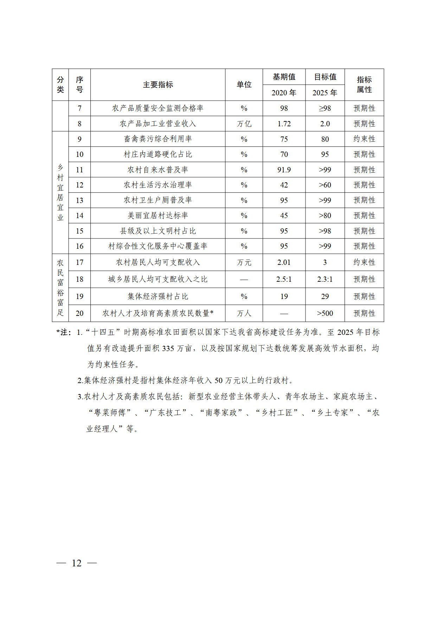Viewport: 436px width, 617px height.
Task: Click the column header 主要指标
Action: [158, 85]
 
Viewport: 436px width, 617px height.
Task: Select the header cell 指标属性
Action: [364, 85]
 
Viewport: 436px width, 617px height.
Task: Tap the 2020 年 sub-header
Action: [284, 93]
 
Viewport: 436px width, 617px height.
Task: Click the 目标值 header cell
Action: [325, 77]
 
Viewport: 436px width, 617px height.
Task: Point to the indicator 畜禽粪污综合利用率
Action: [158, 139]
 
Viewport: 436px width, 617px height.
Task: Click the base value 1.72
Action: [284, 124]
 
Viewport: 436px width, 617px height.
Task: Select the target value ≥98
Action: [325, 108]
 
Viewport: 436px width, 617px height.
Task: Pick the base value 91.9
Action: [284, 170]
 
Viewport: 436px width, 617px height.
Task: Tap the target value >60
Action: [325, 185]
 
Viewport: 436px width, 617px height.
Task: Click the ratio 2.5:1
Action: [284, 279]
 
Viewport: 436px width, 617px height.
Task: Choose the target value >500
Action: [325, 313]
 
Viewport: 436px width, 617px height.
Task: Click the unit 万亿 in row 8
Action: [244, 124]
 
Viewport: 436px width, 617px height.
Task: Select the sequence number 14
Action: [79, 216]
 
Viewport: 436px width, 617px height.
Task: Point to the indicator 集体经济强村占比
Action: [158, 297]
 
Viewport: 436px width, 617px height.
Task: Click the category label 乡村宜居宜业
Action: [60, 192]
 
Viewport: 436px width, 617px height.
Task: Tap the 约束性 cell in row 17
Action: [364, 262]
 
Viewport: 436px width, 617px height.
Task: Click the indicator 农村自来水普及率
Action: [158, 170]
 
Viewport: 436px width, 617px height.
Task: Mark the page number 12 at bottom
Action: [77, 563]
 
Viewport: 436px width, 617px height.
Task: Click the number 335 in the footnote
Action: [168, 349]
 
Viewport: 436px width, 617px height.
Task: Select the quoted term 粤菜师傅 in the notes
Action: [110, 413]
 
